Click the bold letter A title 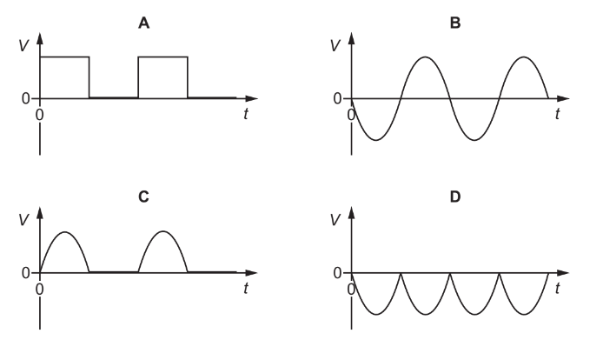click(144, 23)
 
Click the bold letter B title click(455, 23)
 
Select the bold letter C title click(143, 197)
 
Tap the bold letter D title click(455, 197)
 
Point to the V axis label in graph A click(23, 46)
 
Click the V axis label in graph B click(335, 46)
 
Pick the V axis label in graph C click(23, 220)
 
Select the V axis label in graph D click(335, 220)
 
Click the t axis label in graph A click(246, 114)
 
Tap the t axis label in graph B click(557, 114)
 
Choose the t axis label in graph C click(246, 288)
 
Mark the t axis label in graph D click(557, 288)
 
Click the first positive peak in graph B click(425, 57)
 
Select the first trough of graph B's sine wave click(375, 140)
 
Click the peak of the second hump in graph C click(163, 231)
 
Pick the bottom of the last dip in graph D click(524, 315)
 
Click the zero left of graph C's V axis click(26, 273)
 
